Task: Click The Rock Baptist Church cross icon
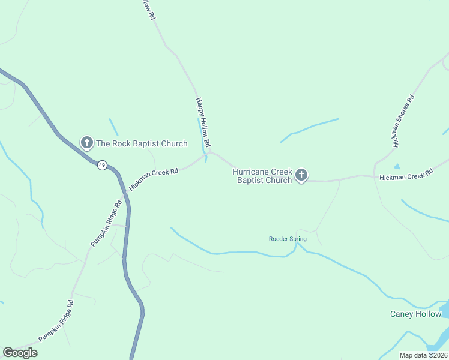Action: pos(87,143)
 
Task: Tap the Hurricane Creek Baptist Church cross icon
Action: pos(301,175)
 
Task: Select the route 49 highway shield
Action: pos(103,165)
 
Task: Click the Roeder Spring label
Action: pos(287,239)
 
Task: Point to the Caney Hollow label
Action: pos(415,314)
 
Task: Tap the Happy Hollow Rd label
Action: pos(202,123)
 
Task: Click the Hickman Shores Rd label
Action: pos(403,121)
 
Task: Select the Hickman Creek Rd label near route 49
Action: pos(154,179)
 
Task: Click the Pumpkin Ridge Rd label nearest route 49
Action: pos(106,223)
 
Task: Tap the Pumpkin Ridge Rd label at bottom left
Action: pos(56,321)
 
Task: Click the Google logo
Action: pos(20,352)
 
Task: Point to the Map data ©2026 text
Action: pos(423,355)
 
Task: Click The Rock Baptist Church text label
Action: pos(142,143)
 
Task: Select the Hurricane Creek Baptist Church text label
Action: pos(262,176)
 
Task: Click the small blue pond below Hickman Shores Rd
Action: pos(396,166)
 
